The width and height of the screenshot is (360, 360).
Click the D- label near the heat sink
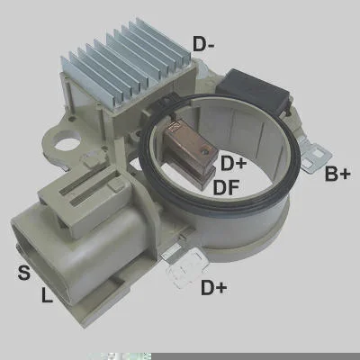pos(203,44)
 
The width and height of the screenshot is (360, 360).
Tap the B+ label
pos(337,174)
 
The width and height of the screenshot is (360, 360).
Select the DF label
pos(226,187)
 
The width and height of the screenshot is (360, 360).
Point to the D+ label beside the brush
pos(234,163)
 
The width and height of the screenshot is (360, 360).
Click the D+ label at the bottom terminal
pos(214,287)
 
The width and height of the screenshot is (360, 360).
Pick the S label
pos(24,273)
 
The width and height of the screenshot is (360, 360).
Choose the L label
pos(47,294)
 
